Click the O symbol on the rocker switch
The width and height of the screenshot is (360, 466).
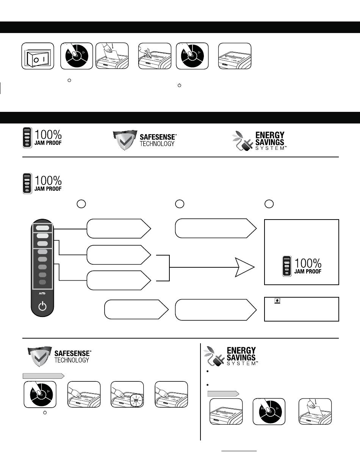tap(36, 60)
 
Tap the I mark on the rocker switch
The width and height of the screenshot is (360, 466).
tap(44, 59)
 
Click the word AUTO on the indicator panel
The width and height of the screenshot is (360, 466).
tap(42, 293)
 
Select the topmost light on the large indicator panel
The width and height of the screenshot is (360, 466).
tap(42, 228)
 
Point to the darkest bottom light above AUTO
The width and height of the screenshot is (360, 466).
tap(42, 282)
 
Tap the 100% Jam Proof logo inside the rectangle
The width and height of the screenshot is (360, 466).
tap(302, 266)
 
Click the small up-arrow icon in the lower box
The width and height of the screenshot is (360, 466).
tap(277, 301)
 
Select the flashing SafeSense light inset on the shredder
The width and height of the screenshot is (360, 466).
tap(136, 400)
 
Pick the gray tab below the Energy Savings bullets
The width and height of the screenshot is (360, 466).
tap(223, 394)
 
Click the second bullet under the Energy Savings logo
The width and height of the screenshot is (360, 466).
tap(207, 385)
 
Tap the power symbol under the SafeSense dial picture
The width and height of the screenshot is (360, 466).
tap(45, 413)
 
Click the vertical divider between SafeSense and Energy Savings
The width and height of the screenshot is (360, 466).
tap(200, 392)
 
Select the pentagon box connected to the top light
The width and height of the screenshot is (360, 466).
tap(119, 229)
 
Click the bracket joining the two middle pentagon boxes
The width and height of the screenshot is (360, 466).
tap(169, 268)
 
